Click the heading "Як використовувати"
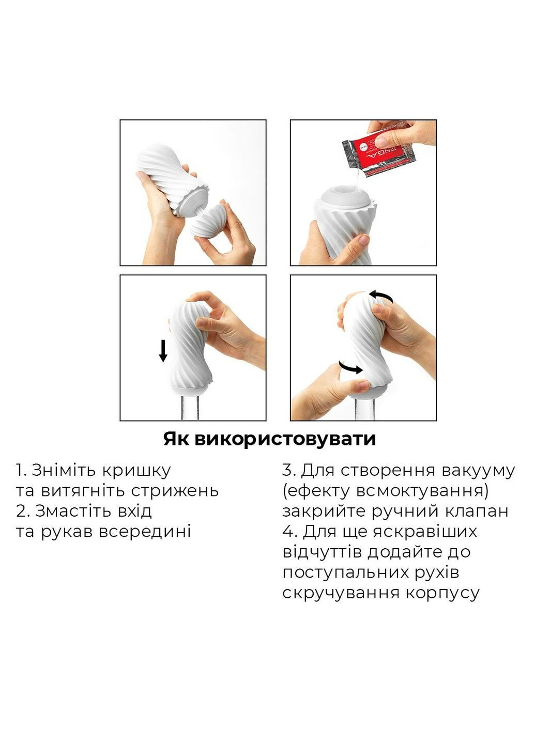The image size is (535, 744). point(269,439)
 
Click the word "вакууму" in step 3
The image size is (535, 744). point(478,470)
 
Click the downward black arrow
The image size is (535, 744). point(163,350)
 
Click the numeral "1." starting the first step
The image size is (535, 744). point(21,470)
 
